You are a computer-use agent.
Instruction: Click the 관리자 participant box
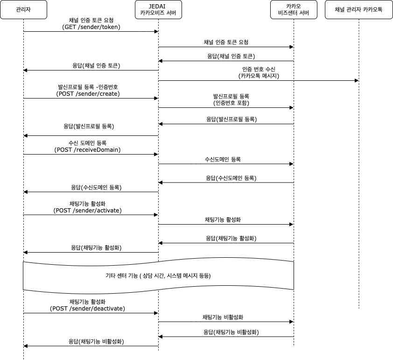(x=23, y=9)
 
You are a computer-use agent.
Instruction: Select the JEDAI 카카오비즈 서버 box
(x=158, y=9)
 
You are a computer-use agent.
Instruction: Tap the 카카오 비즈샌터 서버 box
(x=294, y=9)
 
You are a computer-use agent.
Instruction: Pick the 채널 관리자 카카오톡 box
(x=358, y=9)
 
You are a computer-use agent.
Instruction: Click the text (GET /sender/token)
(x=91, y=27)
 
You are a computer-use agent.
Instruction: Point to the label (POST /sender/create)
(x=88, y=94)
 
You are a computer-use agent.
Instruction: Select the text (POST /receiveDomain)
(x=87, y=150)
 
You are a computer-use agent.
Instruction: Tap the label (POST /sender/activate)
(x=87, y=210)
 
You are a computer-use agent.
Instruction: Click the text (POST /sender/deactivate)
(x=87, y=308)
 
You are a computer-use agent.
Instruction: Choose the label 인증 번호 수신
(x=259, y=69)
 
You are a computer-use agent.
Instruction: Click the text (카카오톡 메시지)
(x=259, y=76)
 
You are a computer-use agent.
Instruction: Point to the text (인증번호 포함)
(x=231, y=103)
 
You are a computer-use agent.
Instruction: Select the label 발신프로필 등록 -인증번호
(x=88, y=87)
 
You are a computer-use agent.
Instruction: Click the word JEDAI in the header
(x=157, y=6)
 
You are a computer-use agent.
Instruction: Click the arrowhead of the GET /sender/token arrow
(x=156, y=32)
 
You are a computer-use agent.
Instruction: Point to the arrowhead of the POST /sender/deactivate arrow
(x=156, y=313)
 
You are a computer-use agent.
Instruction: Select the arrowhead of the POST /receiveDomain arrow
(x=156, y=155)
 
